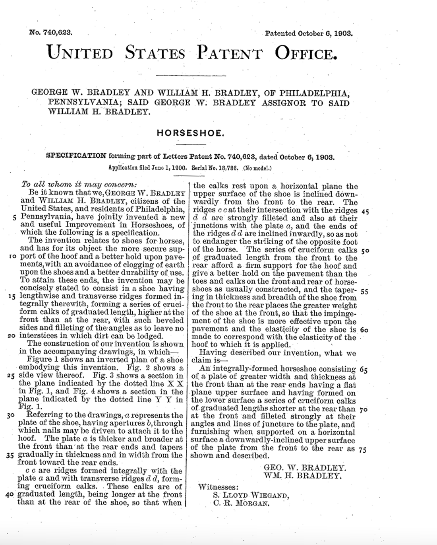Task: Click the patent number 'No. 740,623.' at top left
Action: tap(51, 33)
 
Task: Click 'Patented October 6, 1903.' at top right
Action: tap(308, 33)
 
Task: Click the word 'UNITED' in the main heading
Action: tap(80, 53)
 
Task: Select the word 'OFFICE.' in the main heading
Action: tap(306, 53)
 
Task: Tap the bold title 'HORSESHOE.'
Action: tap(190, 132)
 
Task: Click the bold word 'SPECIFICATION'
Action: tap(76, 156)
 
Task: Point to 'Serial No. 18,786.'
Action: tap(215, 168)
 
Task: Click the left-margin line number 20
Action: tap(12, 336)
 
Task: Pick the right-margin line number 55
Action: tap(364, 291)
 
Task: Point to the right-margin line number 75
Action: tap(362, 450)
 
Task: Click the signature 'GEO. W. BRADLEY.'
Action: tap(305, 467)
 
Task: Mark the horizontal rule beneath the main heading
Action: tap(191, 75)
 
